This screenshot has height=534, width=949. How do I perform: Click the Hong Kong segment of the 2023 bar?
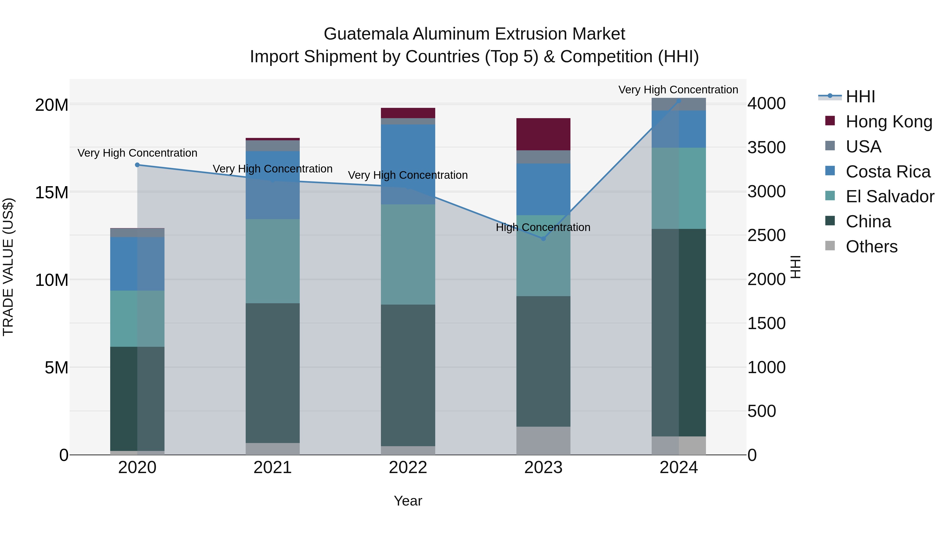(543, 134)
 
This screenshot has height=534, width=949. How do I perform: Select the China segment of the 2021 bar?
(273, 373)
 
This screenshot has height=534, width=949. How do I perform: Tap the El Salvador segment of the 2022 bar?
(408, 254)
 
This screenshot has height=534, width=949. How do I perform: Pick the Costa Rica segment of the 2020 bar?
(137, 264)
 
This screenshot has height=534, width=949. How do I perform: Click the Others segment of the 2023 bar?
(543, 441)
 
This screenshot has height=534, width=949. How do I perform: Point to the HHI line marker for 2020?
(137, 165)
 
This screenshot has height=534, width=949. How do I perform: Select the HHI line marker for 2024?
(679, 101)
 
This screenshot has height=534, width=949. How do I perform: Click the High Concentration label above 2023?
(543, 227)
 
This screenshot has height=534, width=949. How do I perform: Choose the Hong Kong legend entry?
(889, 122)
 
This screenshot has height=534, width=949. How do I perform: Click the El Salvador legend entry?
(890, 196)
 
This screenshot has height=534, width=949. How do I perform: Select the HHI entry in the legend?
(860, 97)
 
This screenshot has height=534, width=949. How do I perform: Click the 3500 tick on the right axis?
(766, 147)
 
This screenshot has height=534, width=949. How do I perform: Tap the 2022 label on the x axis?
(408, 468)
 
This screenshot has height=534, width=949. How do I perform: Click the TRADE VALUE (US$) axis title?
(8, 267)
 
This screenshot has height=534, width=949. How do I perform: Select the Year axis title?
(408, 501)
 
